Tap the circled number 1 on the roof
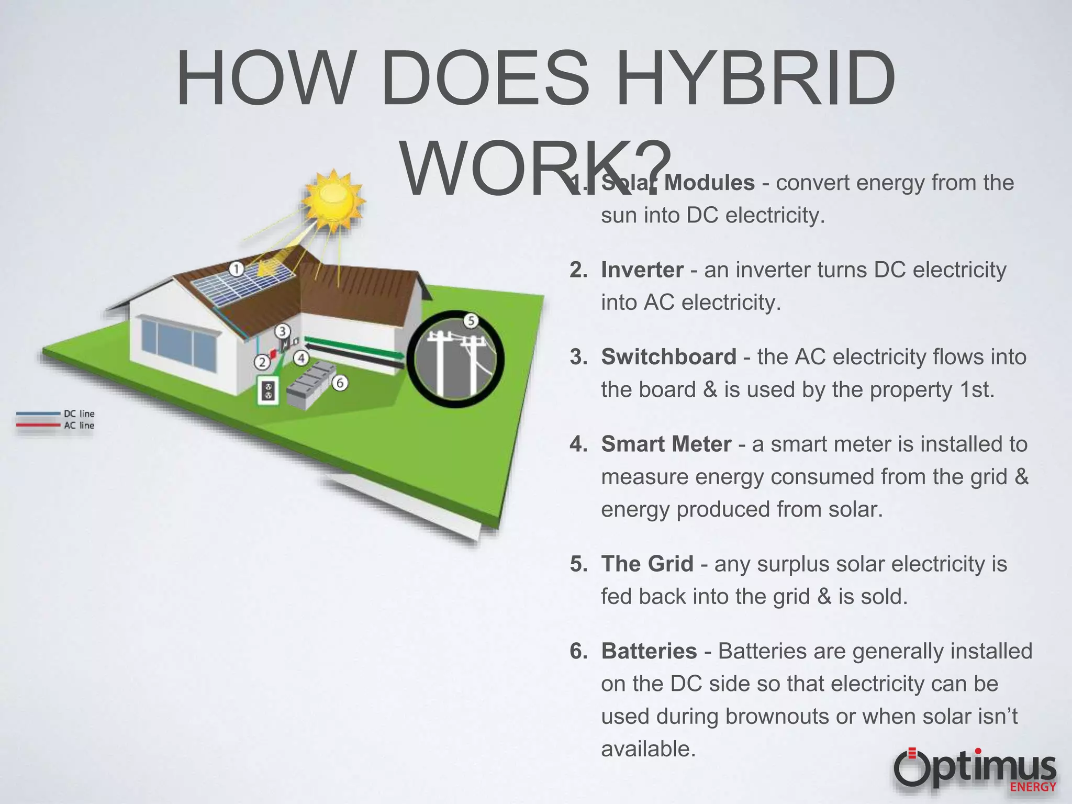237,270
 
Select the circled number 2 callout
262,362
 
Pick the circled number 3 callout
282,331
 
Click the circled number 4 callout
301,358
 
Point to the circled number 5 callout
471,320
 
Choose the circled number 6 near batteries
340,383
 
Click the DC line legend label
79,414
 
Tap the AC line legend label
79,426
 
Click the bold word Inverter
642,270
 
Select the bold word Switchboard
668,357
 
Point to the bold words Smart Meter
666,444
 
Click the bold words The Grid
647,564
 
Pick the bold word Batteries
649,651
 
